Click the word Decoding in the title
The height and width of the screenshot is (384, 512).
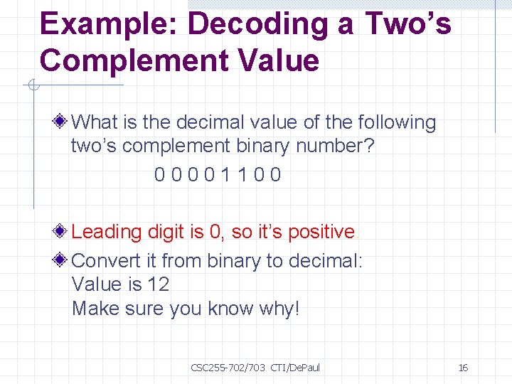(253, 23)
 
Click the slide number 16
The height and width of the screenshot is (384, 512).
(463, 368)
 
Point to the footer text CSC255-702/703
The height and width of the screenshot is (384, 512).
(228, 368)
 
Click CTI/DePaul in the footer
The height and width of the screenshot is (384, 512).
(295, 368)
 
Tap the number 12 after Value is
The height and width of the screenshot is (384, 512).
(158, 284)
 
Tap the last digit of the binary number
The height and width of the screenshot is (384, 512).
(276, 175)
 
